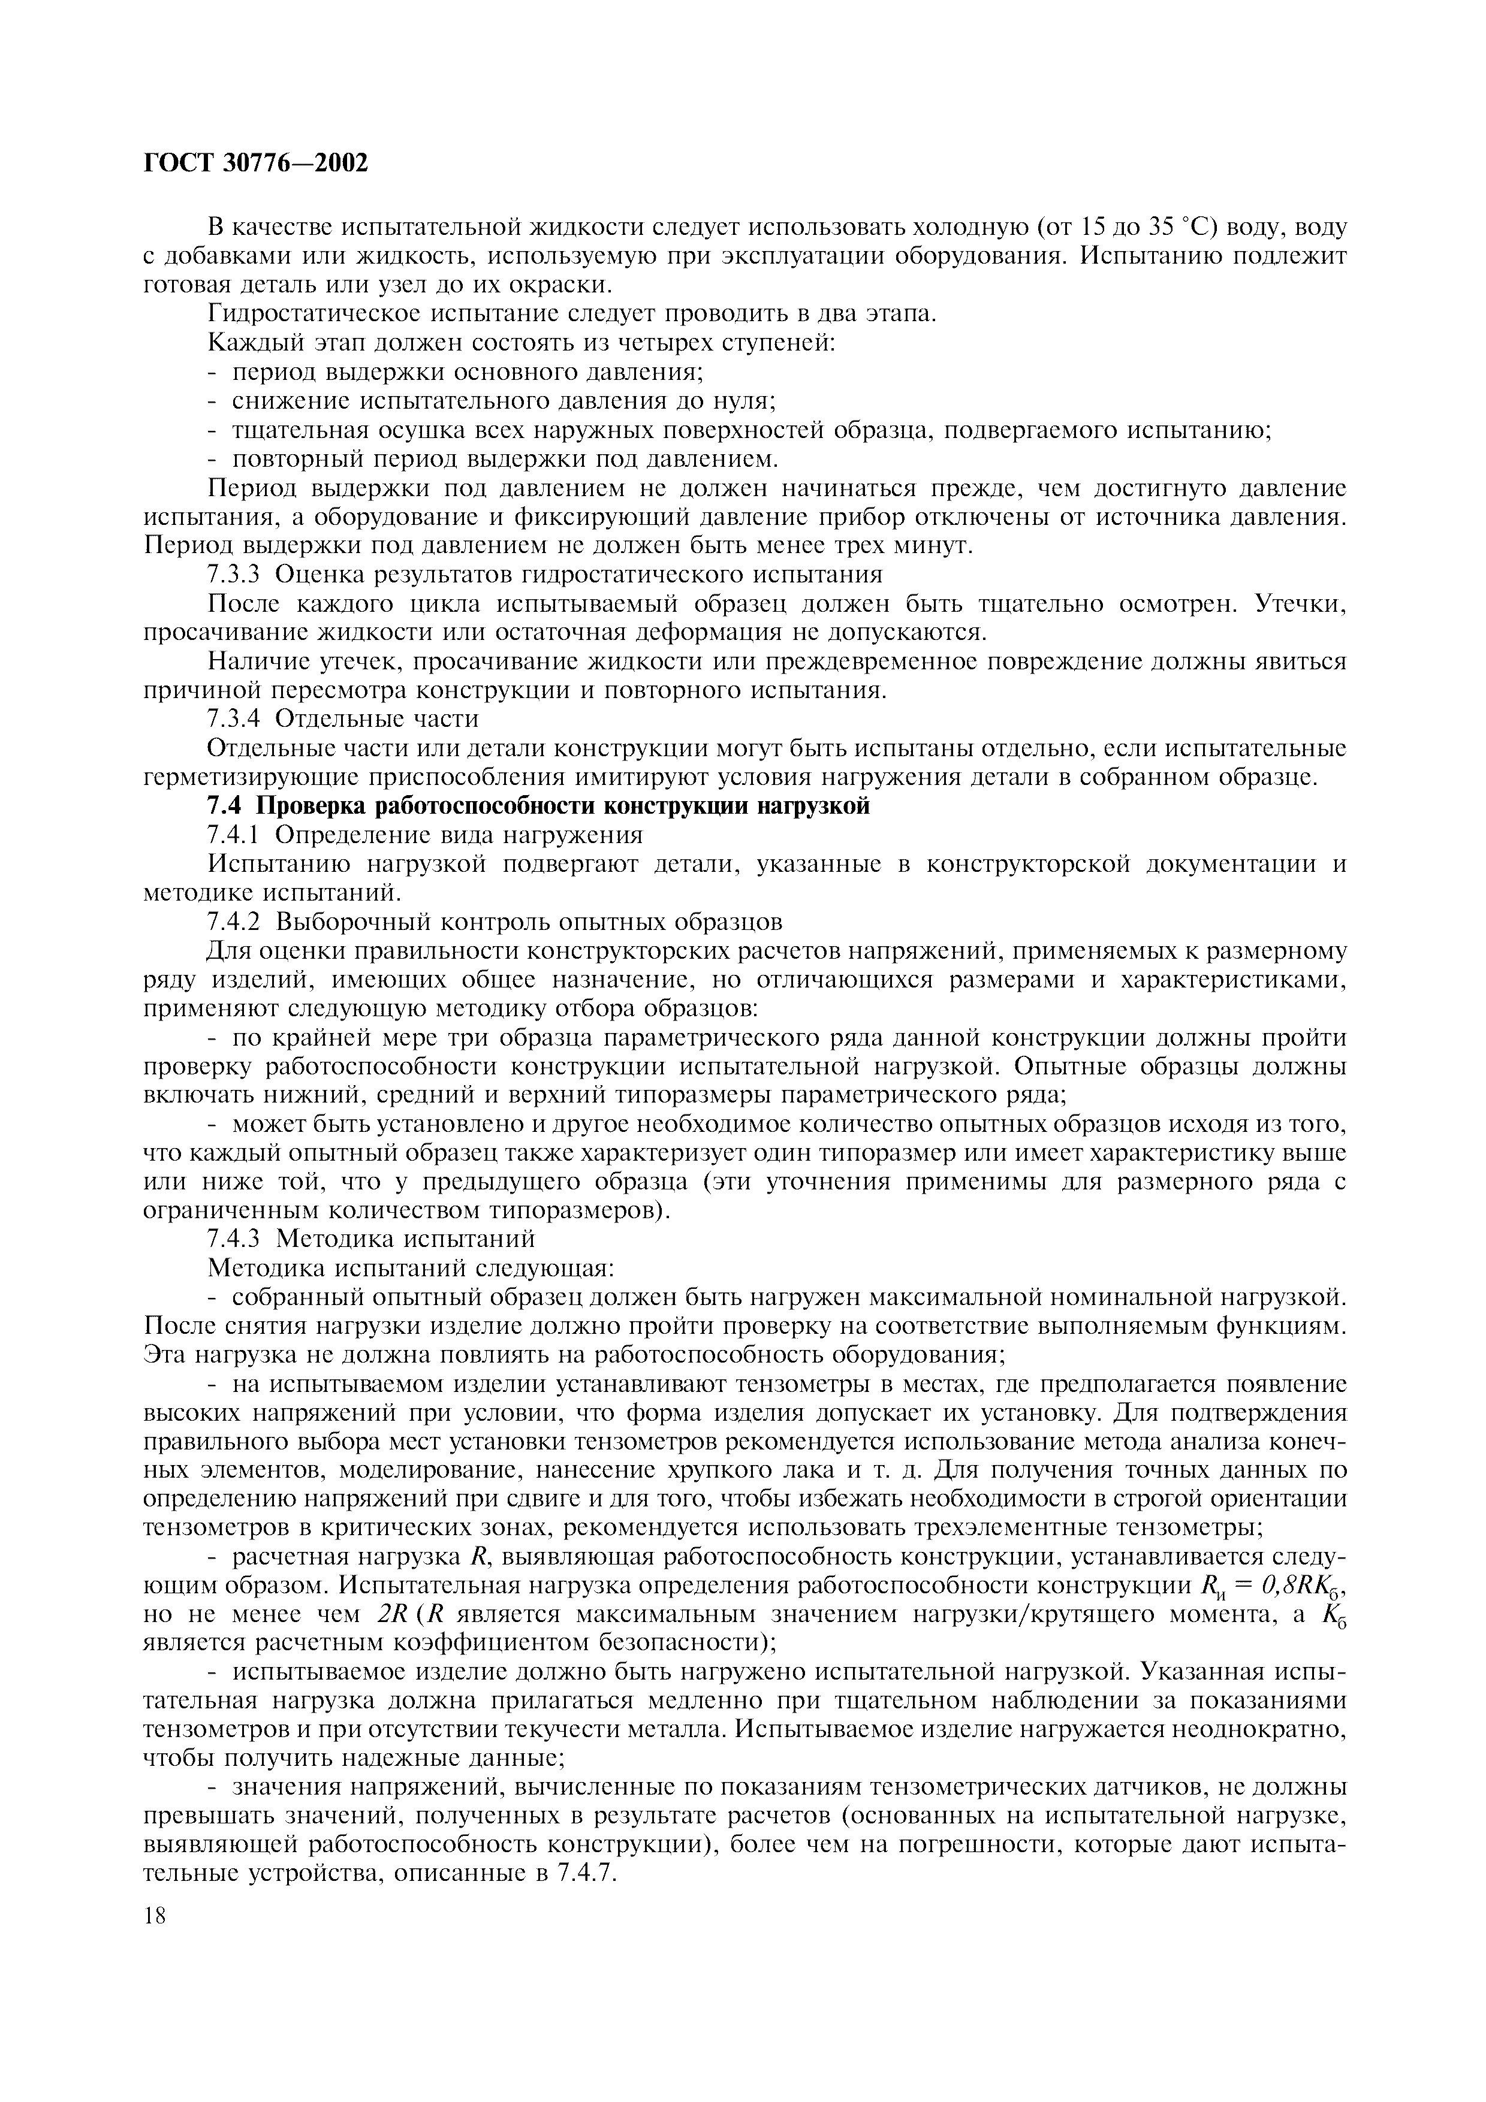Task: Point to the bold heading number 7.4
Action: (226, 806)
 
